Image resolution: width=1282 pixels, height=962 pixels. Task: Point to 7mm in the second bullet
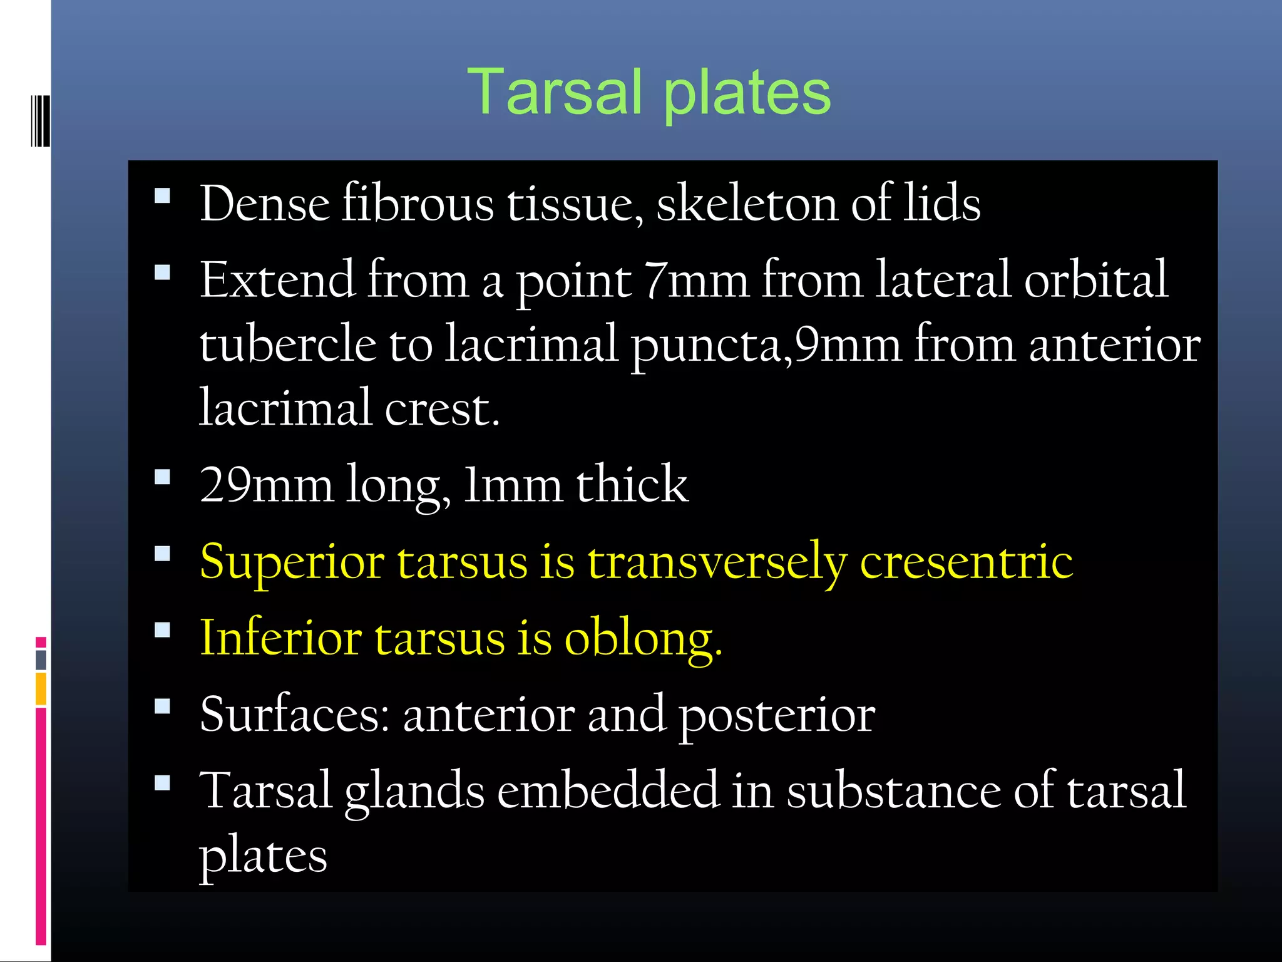click(x=696, y=279)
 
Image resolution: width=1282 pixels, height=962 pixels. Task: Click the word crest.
click(x=442, y=408)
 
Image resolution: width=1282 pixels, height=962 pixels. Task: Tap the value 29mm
click(x=266, y=484)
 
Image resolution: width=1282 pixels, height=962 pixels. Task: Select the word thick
click(x=632, y=484)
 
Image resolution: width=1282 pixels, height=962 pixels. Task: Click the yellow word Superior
click(x=292, y=562)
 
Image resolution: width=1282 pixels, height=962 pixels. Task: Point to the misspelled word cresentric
click(x=966, y=561)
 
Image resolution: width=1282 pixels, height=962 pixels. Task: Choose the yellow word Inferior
click(x=280, y=638)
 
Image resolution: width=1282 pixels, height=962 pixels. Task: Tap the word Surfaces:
click(x=295, y=714)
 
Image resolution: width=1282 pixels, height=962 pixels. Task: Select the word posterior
click(x=777, y=715)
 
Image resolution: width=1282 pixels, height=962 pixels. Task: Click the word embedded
click(x=608, y=790)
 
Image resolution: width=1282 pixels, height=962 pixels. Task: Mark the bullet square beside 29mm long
click(x=162, y=477)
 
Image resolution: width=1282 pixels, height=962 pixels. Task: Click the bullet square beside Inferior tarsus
click(x=162, y=629)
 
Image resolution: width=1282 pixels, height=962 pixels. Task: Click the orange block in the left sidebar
click(x=41, y=688)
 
